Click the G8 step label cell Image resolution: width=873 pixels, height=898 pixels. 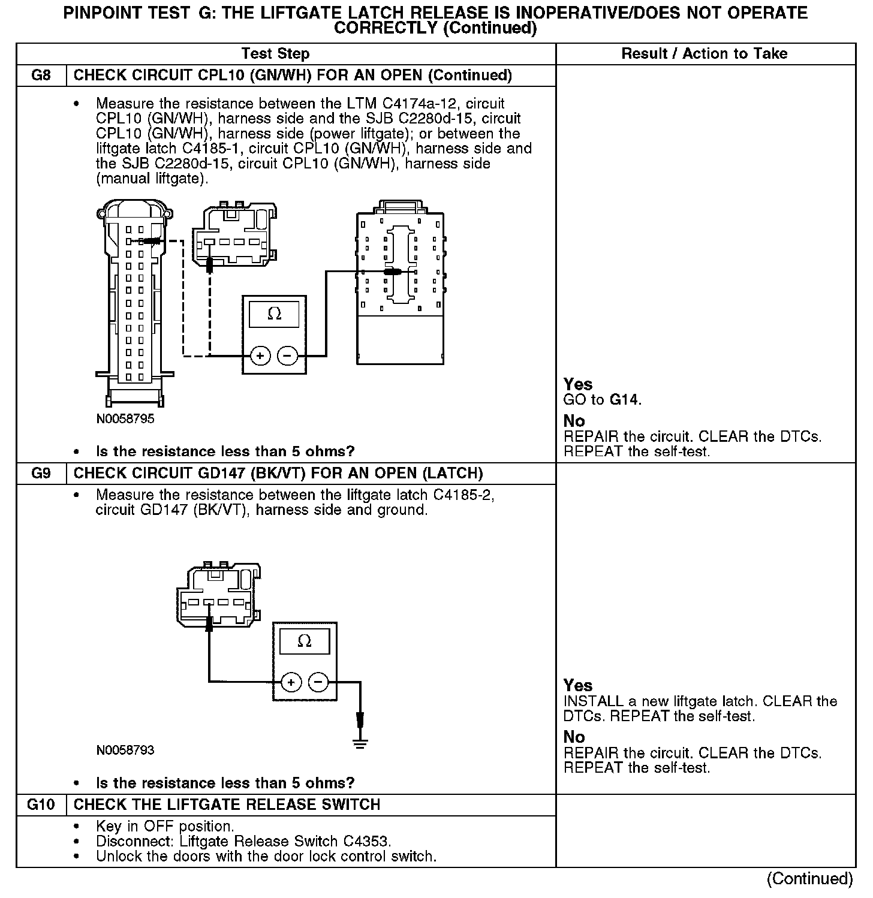pyautogui.click(x=41, y=76)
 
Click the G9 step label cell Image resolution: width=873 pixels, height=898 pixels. pyautogui.click(x=41, y=474)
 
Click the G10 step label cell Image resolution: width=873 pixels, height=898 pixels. pyautogui.click(x=41, y=804)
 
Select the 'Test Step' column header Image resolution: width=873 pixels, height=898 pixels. pyautogui.click(x=275, y=54)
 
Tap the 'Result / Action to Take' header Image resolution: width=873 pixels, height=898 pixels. pyautogui.click(x=704, y=54)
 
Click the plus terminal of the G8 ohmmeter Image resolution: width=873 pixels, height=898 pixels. pyautogui.click(x=260, y=356)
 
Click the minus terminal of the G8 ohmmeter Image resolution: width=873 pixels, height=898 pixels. pyautogui.click(x=288, y=356)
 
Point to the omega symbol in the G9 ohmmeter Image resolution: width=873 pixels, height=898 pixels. pyautogui.click(x=304, y=642)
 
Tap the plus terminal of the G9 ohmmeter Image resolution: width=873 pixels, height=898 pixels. pyautogui.click(x=290, y=682)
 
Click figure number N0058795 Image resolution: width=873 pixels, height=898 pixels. pyautogui.click(x=125, y=419)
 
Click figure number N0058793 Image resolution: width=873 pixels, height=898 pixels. pyautogui.click(x=125, y=751)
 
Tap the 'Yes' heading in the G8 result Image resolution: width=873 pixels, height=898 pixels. pyautogui.click(x=578, y=384)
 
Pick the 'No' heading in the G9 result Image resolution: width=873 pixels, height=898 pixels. pyautogui.click(x=574, y=737)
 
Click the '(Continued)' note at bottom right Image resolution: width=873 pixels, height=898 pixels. pyautogui.click(x=809, y=879)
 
